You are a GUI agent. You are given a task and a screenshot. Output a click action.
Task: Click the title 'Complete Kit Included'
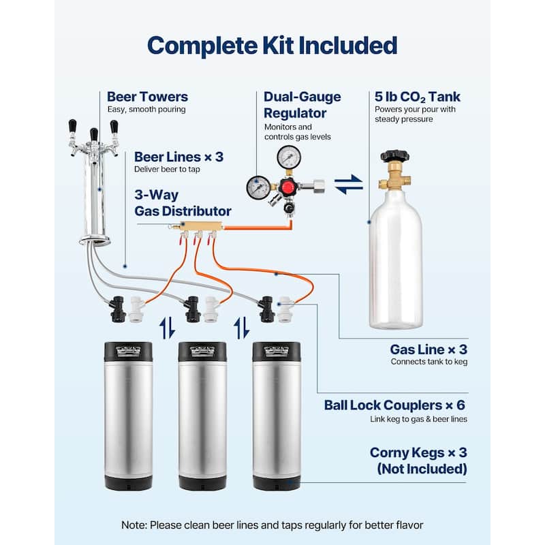coord(272,46)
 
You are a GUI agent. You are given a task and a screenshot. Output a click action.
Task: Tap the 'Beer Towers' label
coord(147,97)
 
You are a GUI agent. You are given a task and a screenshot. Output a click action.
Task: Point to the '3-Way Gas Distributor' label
coord(183,203)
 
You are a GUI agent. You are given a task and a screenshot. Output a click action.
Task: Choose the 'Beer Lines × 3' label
coord(178,157)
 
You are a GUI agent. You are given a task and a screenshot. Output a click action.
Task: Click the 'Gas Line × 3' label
coord(429,349)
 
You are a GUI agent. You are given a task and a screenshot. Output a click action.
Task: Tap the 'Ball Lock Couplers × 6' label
coord(396,406)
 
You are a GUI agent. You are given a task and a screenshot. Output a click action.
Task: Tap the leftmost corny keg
coord(128,416)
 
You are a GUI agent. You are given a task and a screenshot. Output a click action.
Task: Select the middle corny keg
coord(202,416)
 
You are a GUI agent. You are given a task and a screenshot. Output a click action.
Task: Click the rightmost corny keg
coord(276,416)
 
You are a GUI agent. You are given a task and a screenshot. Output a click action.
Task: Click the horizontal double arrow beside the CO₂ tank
coord(349,185)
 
